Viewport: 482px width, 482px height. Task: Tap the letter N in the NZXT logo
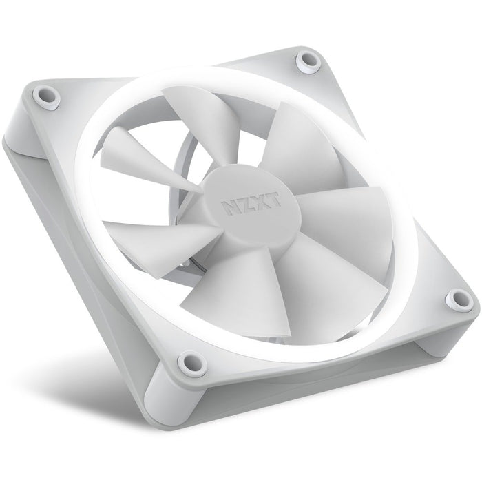point(226,207)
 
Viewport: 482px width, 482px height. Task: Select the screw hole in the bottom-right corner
point(454,297)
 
